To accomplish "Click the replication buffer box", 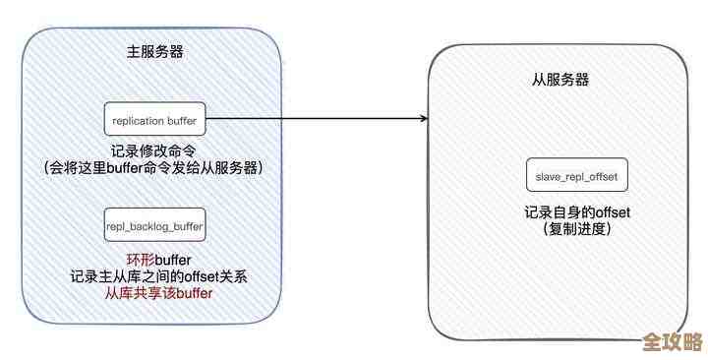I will click(155, 120).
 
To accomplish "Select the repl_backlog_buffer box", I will click(155, 225).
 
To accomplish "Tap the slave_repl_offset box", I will click(577, 174).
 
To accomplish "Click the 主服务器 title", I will click(155, 50).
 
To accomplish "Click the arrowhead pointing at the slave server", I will click(423, 120).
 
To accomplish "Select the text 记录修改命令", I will click(155, 152).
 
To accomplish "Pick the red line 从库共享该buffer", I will click(158, 293).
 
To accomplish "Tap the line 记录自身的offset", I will click(577, 213).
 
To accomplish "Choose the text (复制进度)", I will click(577, 230).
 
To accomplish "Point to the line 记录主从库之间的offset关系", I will click(158, 276).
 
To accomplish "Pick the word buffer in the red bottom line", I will click(192, 293).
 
